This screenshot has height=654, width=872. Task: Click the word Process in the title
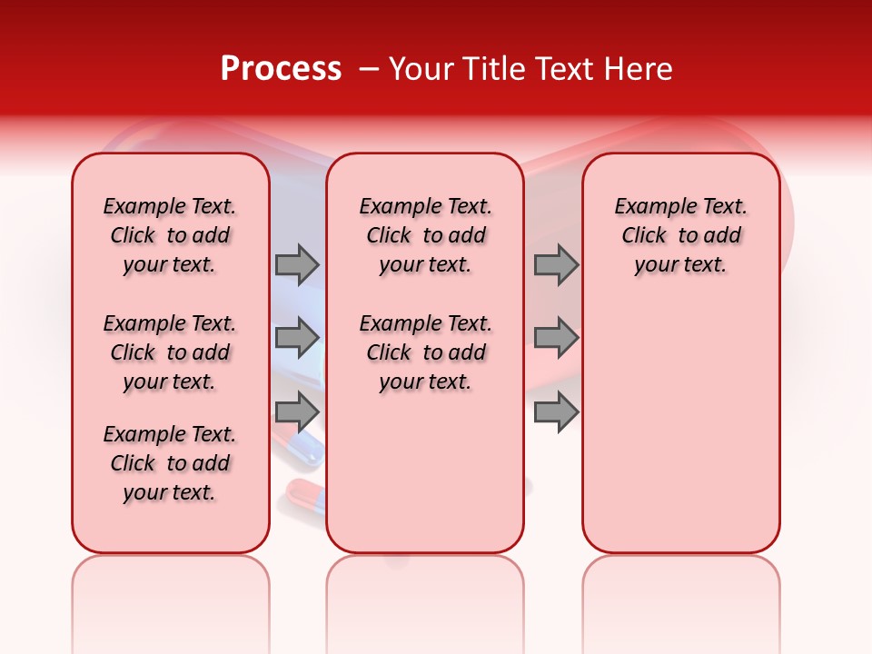(281, 69)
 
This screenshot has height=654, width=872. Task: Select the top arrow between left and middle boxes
(297, 264)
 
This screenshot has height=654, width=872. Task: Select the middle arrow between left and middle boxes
(297, 338)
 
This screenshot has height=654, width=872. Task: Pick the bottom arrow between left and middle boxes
(297, 412)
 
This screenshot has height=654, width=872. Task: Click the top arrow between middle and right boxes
(556, 264)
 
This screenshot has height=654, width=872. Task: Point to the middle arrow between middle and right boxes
(556, 338)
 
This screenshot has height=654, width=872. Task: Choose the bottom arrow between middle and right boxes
(556, 412)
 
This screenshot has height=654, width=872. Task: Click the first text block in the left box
(170, 235)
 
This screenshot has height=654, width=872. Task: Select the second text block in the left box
(170, 352)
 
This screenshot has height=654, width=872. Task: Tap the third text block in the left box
(170, 463)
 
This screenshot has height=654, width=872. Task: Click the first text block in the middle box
(425, 235)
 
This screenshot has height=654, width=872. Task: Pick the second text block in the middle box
(425, 352)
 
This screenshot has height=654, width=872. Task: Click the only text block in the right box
(681, 235)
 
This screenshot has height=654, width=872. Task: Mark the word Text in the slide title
(560, 69)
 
